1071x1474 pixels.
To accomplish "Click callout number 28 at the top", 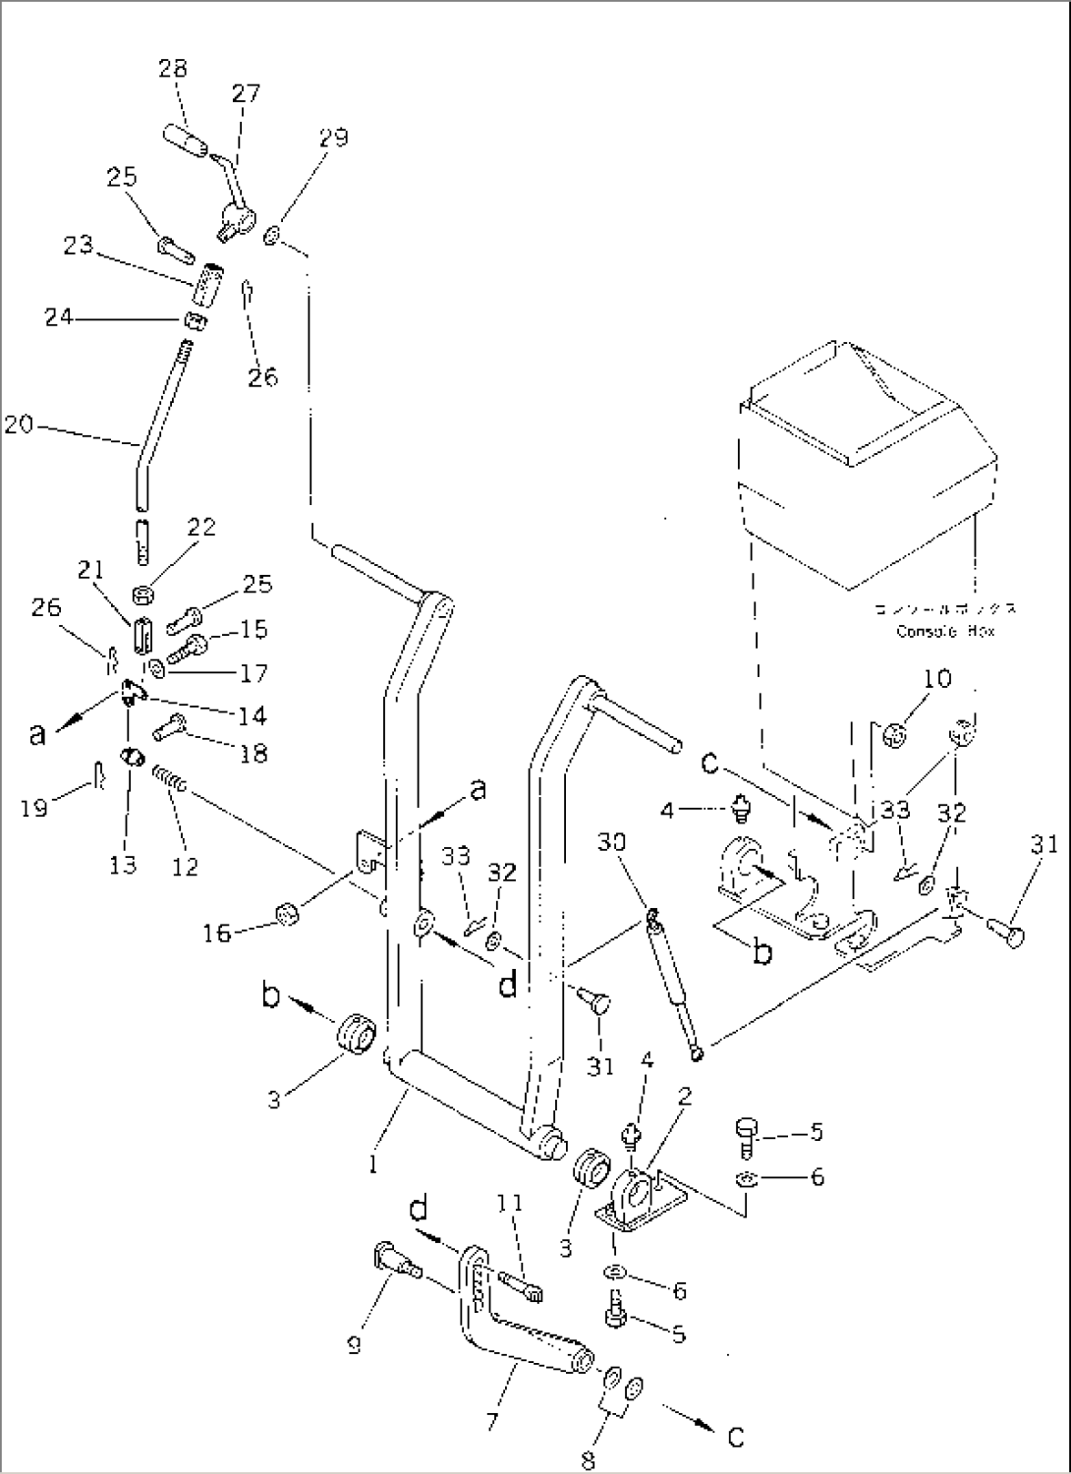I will (x=174, y=68).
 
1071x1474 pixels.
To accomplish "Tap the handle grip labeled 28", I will (x=188, y=140).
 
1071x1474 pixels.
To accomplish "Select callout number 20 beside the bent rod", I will (x=19, y=425).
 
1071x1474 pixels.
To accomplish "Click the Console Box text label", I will (x=944, y=631).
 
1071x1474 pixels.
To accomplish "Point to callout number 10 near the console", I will (x=938, y=679).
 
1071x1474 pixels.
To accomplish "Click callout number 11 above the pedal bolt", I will (x=509, y=1204).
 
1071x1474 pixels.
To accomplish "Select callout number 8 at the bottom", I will (x=588, y=1461).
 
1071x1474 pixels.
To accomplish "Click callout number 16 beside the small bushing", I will (x=217, y=933).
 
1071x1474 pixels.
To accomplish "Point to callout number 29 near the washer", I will (x=334, y=137).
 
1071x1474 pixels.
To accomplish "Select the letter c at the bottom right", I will (x=735, y=1438).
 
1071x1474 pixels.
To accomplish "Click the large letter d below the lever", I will (x=507, y=983).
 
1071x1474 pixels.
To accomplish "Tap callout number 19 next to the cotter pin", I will (x=34, y=809).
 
